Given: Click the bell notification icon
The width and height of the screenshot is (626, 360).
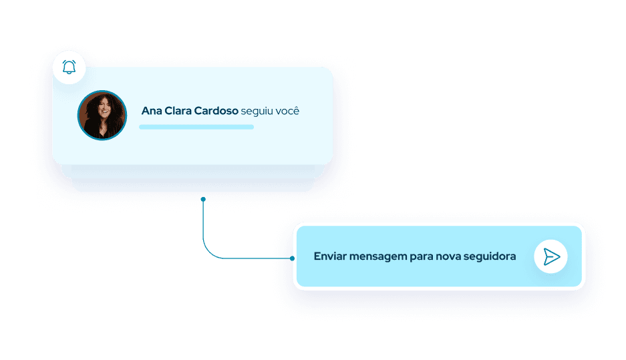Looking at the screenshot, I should pyautogui.click(x=69, y=67).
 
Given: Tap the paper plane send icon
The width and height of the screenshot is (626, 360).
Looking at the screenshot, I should pyautogui.click(x=551, y=257).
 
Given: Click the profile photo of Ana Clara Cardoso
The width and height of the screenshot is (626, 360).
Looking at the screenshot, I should pyautogui.click(x=102, y=115).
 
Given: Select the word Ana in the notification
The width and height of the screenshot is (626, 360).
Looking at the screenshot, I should pyautogui.click(x=152, y=111).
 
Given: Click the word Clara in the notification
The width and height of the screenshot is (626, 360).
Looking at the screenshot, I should pyautogui.click(x=177, y=111).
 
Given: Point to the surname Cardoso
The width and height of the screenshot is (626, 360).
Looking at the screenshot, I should pyautogui.click(x=216, y=111).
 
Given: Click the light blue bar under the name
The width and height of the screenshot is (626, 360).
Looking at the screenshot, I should pyautogui.click(x=196, y=126).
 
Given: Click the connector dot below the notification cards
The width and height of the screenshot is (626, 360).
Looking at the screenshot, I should pyautogui.click(x=203, y=199).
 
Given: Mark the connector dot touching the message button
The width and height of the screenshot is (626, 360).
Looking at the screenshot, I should pyautogui.click(x=293, y=258).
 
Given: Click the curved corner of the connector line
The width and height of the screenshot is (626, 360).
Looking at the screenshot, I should pyautogui.click(x=207, y=254).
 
